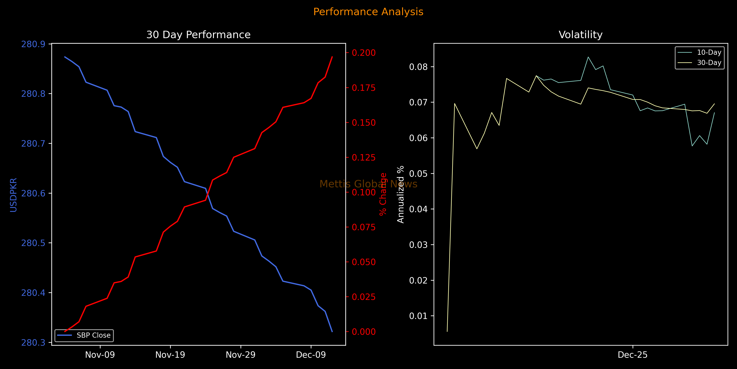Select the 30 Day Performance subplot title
pos(198,35)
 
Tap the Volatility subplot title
pos(581,35)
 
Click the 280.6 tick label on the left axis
pos(33,193)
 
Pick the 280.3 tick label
pos(33,343)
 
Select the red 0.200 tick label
pos(364,53)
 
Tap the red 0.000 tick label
pos(364,332)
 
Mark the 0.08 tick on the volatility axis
pos(418,67)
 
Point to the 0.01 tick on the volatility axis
pos(418,316)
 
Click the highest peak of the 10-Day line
pos(588,57)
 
